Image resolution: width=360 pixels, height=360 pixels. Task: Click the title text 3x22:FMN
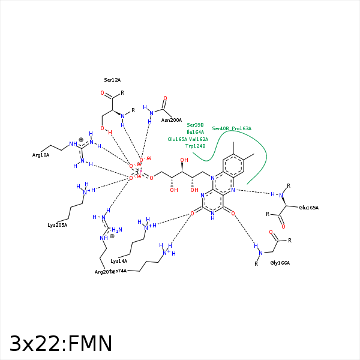pos(61,344)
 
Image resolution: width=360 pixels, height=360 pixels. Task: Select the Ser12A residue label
pos(112,80)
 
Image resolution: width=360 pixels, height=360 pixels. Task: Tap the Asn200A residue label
pos(172,120)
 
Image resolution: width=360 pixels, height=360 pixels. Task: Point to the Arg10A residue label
pos(41,155)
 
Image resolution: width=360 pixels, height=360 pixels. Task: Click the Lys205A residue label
pos(58,225)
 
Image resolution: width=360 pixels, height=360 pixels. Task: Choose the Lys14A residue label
pos(119,261)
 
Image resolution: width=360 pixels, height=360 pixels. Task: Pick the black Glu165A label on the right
pos(308,208)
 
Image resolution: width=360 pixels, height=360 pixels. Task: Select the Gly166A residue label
pos(280,263)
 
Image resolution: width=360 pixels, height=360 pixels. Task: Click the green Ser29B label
pos(196,125)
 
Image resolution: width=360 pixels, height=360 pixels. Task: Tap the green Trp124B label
pos(196,146)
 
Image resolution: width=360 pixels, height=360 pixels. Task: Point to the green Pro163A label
pos(241,128)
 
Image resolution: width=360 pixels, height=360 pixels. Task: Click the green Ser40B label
pos(220,128)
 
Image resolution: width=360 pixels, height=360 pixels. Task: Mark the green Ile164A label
pos(196,132)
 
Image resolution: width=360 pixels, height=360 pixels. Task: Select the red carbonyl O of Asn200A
pos(165,98)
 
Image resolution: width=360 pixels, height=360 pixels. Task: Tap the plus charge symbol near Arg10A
pos(81,139)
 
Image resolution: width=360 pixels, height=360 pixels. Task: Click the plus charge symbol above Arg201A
pos(112,236)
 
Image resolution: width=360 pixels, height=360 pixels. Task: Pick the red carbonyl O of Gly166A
pos(271,232)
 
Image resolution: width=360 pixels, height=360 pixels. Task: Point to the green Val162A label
pos(199,139)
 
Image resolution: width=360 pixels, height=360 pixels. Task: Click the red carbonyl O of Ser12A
pos(103,94)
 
